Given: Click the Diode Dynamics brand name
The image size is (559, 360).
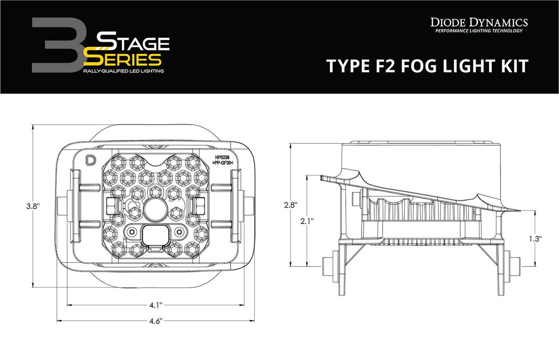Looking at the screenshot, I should (479, 22).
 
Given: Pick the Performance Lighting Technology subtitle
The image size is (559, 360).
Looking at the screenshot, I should (479, 31).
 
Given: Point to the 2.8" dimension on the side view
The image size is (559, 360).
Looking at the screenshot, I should (291, 204).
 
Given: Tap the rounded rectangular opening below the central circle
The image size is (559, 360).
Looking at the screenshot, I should (154, 235).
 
